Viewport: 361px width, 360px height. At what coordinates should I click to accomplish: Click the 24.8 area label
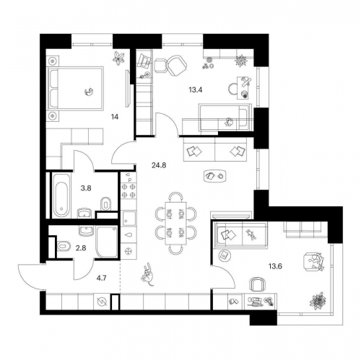pos(159,165)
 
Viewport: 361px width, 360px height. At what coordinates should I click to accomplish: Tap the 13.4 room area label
pos(196,90)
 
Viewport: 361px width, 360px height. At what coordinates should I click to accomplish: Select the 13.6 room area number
pos(275,266)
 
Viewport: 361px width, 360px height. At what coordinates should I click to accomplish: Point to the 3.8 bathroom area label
pos(86,188)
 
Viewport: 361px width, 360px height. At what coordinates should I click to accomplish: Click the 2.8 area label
pos(81,248)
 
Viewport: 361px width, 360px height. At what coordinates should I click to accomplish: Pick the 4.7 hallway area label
pos(101,278)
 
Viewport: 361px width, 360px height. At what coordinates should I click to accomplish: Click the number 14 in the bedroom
pos(115,117)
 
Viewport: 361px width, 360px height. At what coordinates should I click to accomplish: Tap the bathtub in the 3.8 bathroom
pos(61,196)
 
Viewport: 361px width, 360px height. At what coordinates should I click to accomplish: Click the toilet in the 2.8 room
pos(64,246)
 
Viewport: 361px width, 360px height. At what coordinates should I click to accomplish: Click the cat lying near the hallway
pos(148,274)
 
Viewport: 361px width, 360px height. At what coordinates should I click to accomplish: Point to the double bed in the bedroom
pos(76,89)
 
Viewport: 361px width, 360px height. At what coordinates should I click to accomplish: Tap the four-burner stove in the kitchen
pos(129,190)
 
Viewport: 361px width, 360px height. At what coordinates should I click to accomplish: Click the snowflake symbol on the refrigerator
pos(129,251)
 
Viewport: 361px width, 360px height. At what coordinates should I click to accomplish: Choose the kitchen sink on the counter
pos(129,219)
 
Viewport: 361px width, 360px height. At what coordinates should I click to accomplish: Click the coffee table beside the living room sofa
pos(215,176)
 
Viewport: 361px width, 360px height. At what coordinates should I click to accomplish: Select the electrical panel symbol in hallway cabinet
pos(101,302)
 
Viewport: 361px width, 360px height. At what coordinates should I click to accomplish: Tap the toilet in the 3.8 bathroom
pos(105,203)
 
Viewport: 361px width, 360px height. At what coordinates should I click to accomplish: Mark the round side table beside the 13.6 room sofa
pos(225,255)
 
